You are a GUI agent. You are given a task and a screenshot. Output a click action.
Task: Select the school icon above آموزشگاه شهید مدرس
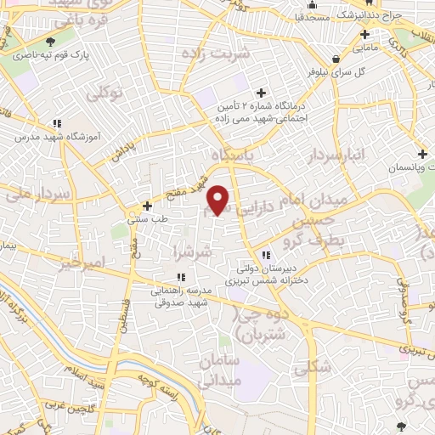56,122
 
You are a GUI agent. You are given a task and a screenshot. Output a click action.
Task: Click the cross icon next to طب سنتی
147,205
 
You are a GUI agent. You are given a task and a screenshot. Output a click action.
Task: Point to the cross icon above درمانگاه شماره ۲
261,92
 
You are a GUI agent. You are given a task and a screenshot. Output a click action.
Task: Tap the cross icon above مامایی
364,35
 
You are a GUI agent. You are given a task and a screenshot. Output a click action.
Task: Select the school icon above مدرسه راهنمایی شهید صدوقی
180,277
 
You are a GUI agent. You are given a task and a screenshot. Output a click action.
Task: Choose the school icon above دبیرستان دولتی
265,255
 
